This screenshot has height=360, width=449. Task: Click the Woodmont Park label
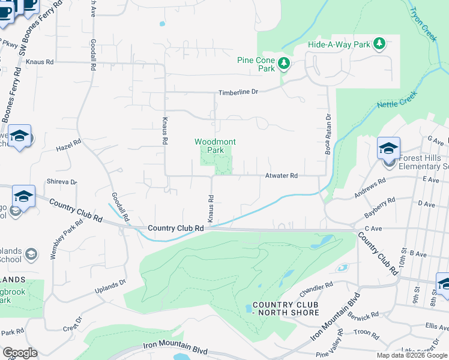[215, 146]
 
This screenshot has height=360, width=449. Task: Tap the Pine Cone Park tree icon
[284, 63]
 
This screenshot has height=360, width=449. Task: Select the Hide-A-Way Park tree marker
[379, 44]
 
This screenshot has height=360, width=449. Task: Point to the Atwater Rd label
[282, 176]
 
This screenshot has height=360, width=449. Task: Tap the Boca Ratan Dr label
[328, 135]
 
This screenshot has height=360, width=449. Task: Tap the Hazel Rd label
[68, 146]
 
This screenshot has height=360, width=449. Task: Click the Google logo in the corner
[19, 353]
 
